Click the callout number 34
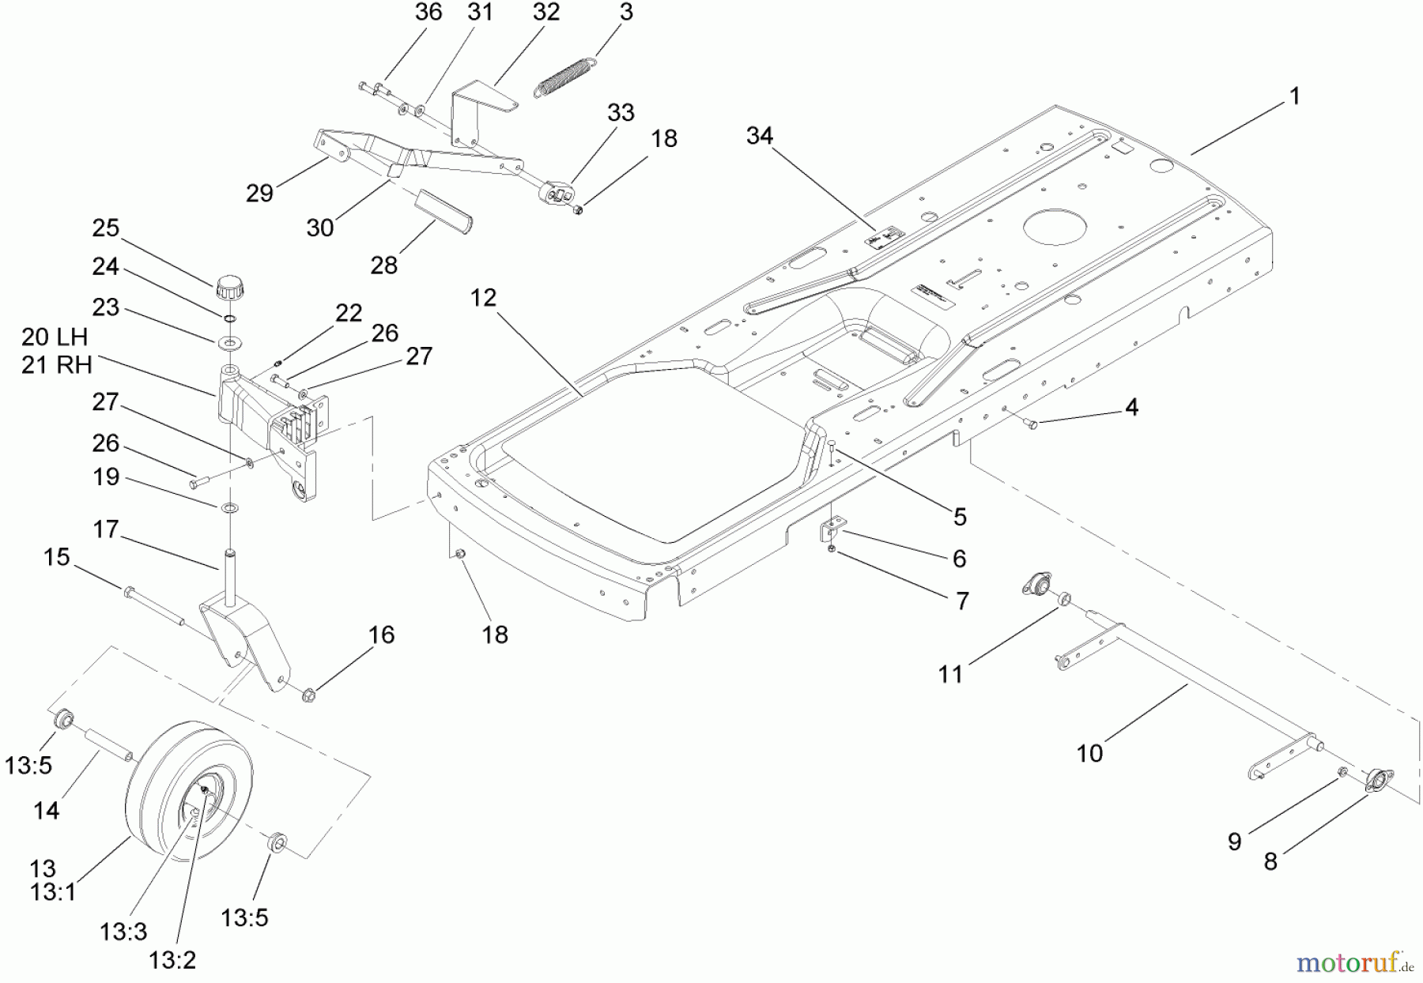point(759,136)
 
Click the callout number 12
point(483,298)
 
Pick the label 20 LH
point(55,337)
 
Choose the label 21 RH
point(56,364)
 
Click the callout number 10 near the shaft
point(1089,753)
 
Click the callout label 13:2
point(172,960)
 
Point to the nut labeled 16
point(309,695)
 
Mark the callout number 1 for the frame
point(1294,96)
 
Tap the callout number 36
point(428,13)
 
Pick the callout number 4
point(1131,408)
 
